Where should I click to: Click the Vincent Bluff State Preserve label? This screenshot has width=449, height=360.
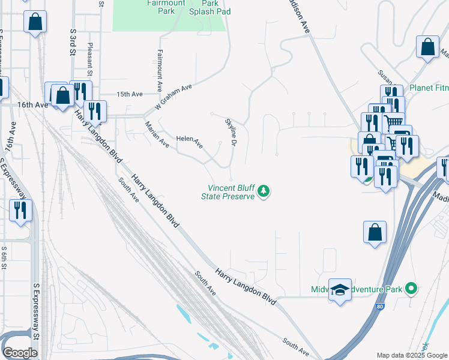(x=228, y=192)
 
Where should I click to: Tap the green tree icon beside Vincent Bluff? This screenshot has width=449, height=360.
(x=263, y=192)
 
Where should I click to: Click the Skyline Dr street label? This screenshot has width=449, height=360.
(x=231, y=131)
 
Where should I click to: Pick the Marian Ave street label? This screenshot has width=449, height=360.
(x=157, y=134)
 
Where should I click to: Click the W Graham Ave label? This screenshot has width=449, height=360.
(x=173, y=97)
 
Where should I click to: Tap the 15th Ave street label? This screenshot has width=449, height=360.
(x=129, y=94)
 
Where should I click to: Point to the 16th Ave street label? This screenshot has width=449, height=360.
(x=32, y=104)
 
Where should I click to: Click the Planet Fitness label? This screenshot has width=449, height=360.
(x=429, y=88)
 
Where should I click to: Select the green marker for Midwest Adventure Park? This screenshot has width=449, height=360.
(x=411, y=289)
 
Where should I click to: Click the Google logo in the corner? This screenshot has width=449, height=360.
(x=20, y=353)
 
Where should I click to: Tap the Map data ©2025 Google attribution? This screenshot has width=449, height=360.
(x=412, y=355)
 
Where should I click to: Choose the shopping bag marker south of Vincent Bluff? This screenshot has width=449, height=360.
(x=375, y=232)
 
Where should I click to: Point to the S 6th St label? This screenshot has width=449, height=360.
(x=4, y=257)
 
